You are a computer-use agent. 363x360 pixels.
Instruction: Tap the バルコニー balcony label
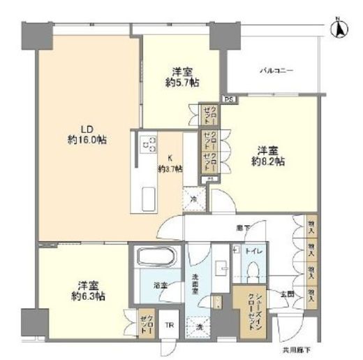[x=277, y=71]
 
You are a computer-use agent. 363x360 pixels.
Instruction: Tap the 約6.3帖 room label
[x=87, y=291]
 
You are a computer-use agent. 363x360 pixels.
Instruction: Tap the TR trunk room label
[x=170, y=324]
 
